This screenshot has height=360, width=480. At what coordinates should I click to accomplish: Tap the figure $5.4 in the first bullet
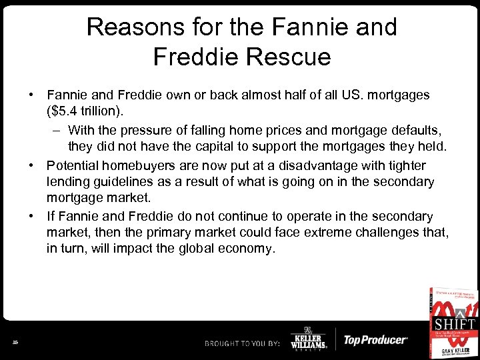63,112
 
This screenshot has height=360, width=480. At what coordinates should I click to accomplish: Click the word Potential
72,165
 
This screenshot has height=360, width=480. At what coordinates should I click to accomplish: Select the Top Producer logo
375,340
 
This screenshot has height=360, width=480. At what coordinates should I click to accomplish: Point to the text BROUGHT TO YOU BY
243,343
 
